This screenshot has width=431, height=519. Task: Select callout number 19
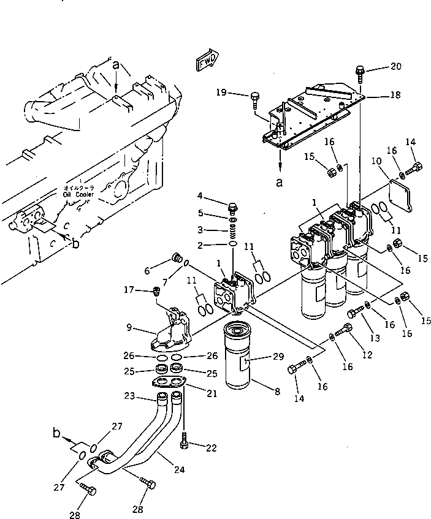click(x=221, y=93)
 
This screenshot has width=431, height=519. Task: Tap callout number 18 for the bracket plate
click(x=396, y=96)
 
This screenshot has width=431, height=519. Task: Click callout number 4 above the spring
click(x=200, y=196)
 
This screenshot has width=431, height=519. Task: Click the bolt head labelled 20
click(x=359, y=74)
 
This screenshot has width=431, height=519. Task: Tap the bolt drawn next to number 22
click(x=183, y=439)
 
